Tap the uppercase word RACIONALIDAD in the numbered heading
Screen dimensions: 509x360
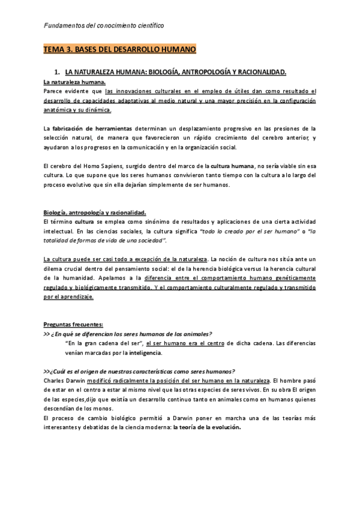coord(258,72)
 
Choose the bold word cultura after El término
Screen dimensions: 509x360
coord(82,222)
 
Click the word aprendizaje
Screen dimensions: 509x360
coord(76,297)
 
